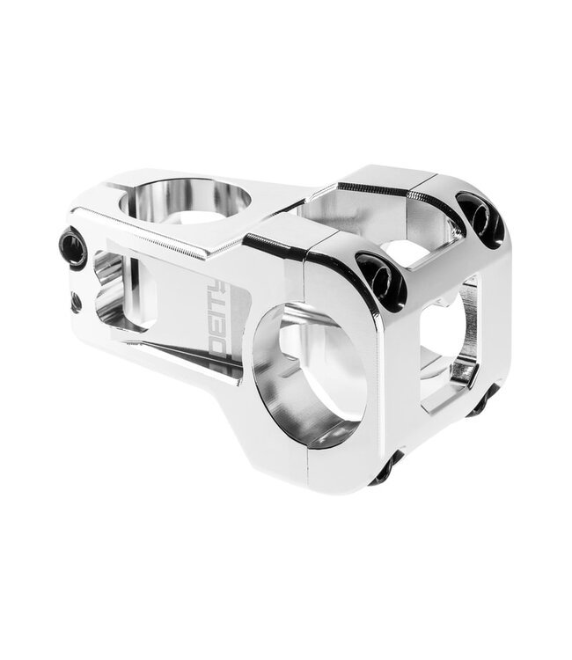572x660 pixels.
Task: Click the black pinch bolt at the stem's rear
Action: point(73,248)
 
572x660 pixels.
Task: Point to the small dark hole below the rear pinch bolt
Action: point(76,302)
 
